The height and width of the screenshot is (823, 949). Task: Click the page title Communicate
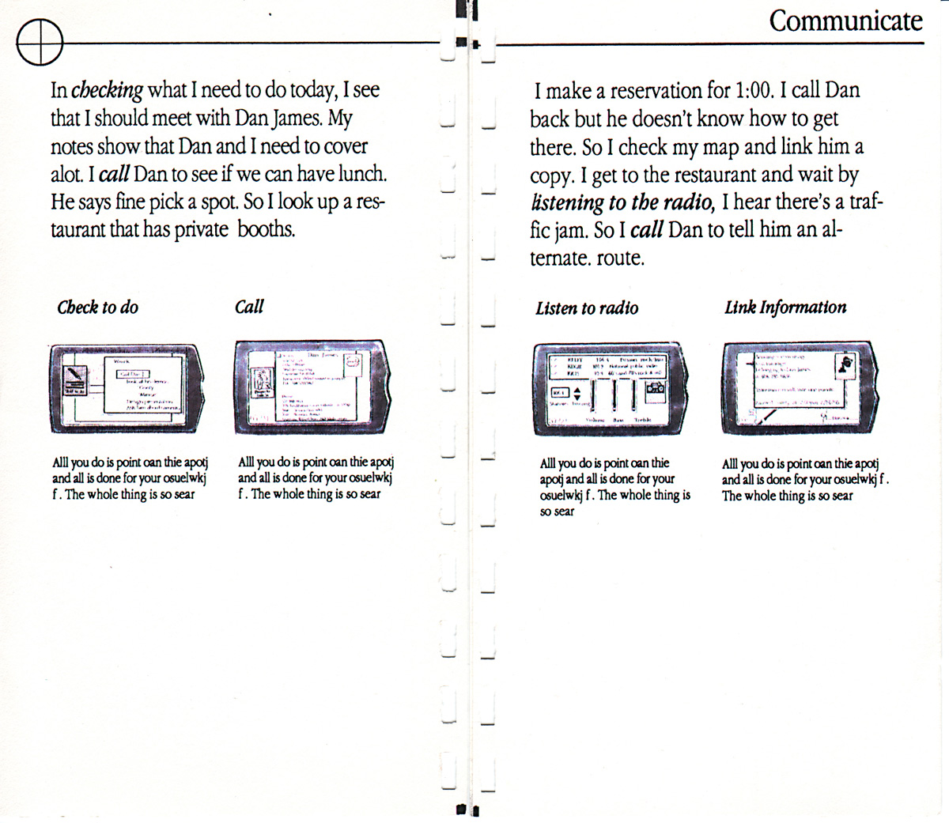845,21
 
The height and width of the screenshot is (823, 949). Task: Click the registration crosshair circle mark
40,42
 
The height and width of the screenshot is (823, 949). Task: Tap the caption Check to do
97,308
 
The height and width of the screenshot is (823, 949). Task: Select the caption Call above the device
249,307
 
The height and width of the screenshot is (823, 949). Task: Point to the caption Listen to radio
586,308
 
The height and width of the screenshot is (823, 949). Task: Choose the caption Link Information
785,308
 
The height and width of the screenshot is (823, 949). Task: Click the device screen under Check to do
123,388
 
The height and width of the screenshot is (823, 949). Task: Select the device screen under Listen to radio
608,388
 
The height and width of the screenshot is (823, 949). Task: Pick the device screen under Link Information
795,387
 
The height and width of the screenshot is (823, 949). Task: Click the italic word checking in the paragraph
107,90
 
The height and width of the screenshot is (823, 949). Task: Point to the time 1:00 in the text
752,90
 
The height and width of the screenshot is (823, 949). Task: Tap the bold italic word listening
567,203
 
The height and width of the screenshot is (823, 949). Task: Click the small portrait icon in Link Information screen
846,366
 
